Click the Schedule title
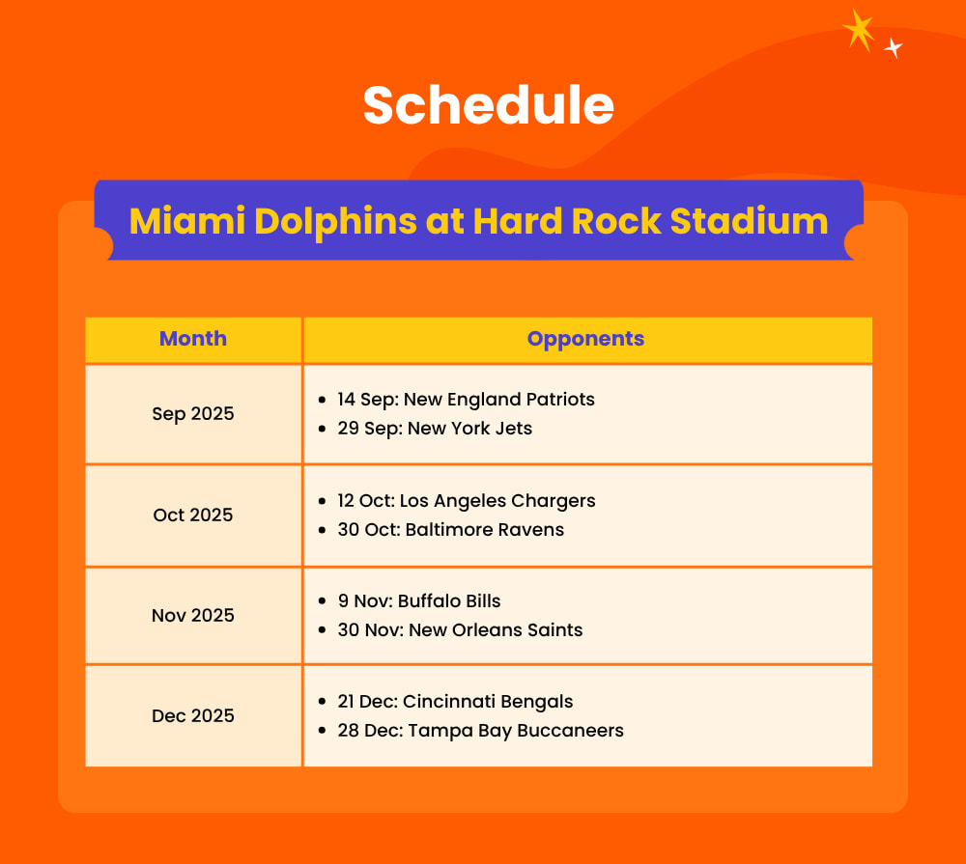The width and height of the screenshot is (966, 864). [488, 104]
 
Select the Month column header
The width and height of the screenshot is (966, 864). [193, 339]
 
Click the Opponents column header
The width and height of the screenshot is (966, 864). [585, 339]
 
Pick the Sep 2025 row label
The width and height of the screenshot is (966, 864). [193, 414]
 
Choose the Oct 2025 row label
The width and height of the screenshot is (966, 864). [193, 515]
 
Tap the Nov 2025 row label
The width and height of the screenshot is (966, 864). [193, 615]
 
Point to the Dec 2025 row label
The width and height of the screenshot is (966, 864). [193, 715]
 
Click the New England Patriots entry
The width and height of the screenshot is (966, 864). [466, 399]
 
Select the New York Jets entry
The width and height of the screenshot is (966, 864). [435, 428]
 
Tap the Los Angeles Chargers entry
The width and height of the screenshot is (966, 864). [467, 500]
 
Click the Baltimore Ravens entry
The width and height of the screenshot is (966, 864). [450, 529]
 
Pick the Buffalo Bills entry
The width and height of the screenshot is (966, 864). [419, 600]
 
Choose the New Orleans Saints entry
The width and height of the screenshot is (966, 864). [460, 629]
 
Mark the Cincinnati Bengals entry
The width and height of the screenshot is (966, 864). [455, 701]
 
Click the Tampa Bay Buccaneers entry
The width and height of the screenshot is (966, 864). [480, 730]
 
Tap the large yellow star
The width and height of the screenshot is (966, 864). [858, 30]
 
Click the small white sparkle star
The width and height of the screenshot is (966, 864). [894, 47]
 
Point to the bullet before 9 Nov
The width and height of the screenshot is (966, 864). [322, 601]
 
